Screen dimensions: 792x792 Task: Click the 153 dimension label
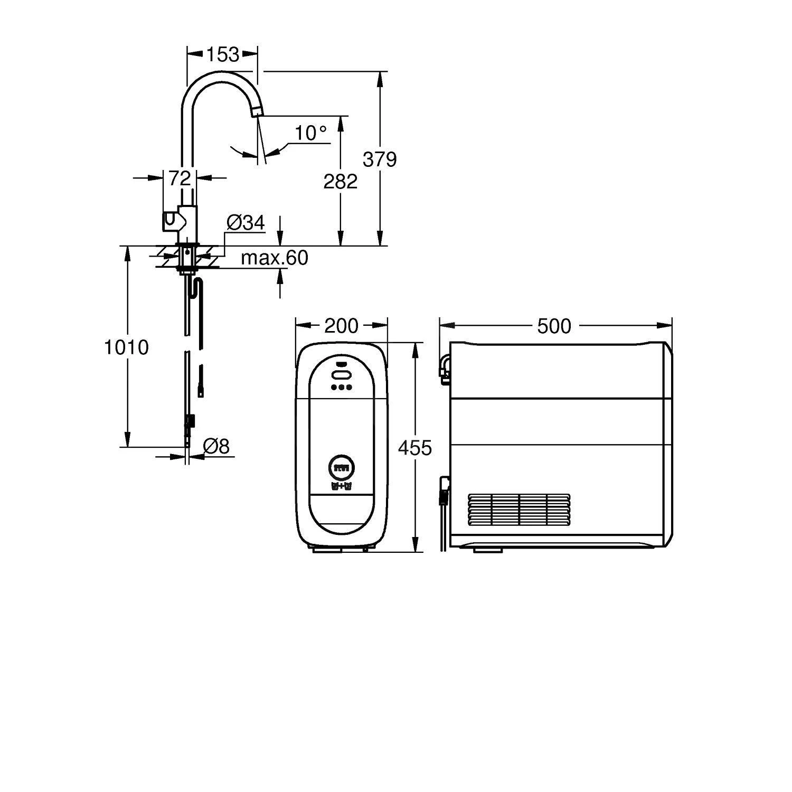point(222,54)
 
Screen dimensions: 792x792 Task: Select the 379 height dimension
point(380,159)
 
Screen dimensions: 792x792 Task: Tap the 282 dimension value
point(341,182)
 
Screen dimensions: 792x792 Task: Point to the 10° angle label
point(310,133)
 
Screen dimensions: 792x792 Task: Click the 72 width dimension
point(179,178)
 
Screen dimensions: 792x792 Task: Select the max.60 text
point(274,258)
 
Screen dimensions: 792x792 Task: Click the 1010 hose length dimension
point(127,347)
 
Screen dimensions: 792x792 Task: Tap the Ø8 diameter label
point(216,447)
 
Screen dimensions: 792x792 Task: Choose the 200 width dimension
point(341,326)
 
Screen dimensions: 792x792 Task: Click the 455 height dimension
point(414,448)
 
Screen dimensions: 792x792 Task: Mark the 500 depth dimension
point(554,326)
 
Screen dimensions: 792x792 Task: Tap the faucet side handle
point(171,220)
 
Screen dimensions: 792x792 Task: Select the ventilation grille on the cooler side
point(520,510)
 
